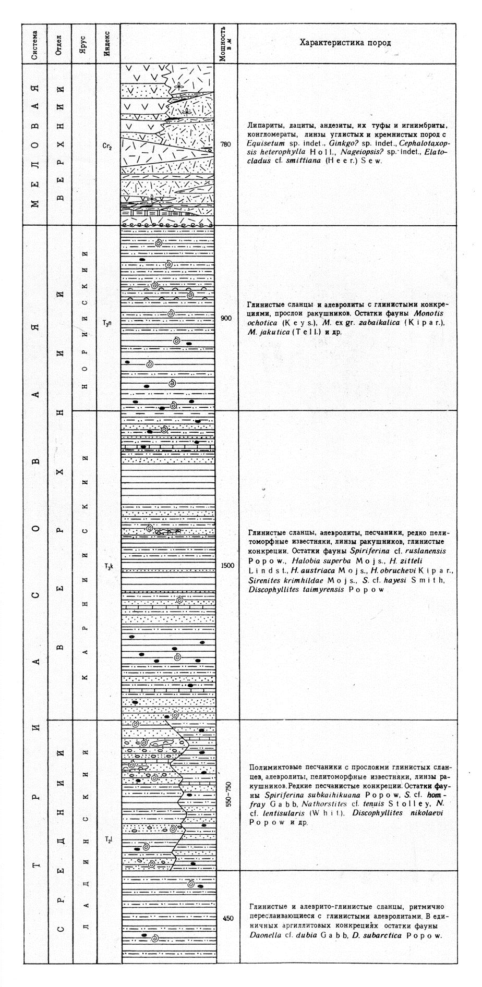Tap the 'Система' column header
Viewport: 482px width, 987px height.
[x=35, y=43]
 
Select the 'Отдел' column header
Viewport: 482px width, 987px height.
[x=59, y=43]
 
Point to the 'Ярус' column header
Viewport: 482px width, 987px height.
[x=83, y=43]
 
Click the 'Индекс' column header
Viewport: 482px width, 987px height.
[x=107, y=43]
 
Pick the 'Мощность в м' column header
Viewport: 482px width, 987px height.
[x=225, y=43]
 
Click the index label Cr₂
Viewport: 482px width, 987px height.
[x=107, y=147]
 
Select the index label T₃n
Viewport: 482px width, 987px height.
[x=107, y=323]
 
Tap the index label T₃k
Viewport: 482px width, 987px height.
[x=108, y=566]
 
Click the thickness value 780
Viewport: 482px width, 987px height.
[x=225, y=144]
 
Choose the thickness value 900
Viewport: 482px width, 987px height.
[x=225, y=318]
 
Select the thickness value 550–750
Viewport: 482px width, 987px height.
[x=226, y=795]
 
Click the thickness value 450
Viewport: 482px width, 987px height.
[x=227, y=919]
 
